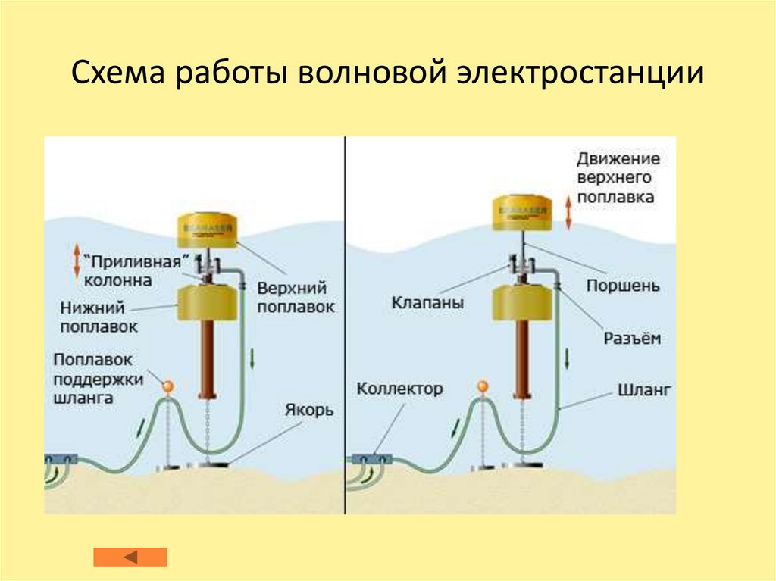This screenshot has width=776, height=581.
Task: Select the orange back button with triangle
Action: tap(130, 557)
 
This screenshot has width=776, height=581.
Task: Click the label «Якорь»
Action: tap(309, 410)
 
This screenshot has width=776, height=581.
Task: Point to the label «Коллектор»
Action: tap(399, 389)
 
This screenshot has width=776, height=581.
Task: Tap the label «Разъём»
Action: tap(631, 338)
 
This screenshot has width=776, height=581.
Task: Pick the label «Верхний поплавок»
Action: tap(296, 298)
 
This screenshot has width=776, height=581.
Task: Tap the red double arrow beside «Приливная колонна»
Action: tap(76, 261)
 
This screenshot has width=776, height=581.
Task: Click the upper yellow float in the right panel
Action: tap(521, 212)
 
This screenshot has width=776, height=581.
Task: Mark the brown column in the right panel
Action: tap(522, 357)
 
